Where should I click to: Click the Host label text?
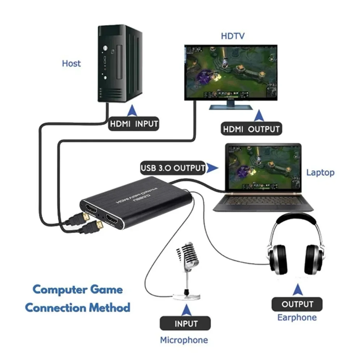click(x=71, y=64)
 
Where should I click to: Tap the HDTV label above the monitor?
click(x=233, y=36)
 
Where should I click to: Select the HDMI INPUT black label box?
click(x=134, y=124)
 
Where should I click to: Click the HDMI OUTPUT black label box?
click(x=251, y=129)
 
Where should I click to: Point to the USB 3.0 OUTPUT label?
click(x=173, y=168)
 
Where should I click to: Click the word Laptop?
click(x=320, y=172)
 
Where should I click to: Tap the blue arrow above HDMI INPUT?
click(x=133, y=110)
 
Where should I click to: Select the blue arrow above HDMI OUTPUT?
click(x=258, y=115)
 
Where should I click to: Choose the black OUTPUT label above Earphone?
click(x=297, y=304)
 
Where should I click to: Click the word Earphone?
click(x=297, y=318)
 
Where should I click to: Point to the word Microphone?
click(x=184, y=340)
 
